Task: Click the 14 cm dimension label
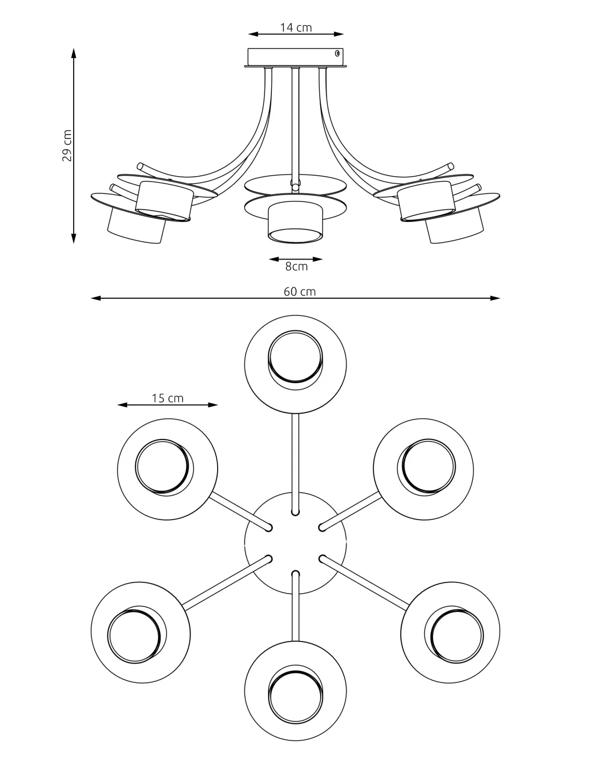295,27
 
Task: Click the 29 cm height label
67,146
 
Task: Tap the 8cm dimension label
296,266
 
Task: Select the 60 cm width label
300,292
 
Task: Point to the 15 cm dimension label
168,398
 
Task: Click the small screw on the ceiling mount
337,53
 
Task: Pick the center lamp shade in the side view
295,221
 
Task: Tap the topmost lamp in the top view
295,364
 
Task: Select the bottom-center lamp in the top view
295,691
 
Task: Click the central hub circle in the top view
295,543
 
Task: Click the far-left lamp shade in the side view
135,225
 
